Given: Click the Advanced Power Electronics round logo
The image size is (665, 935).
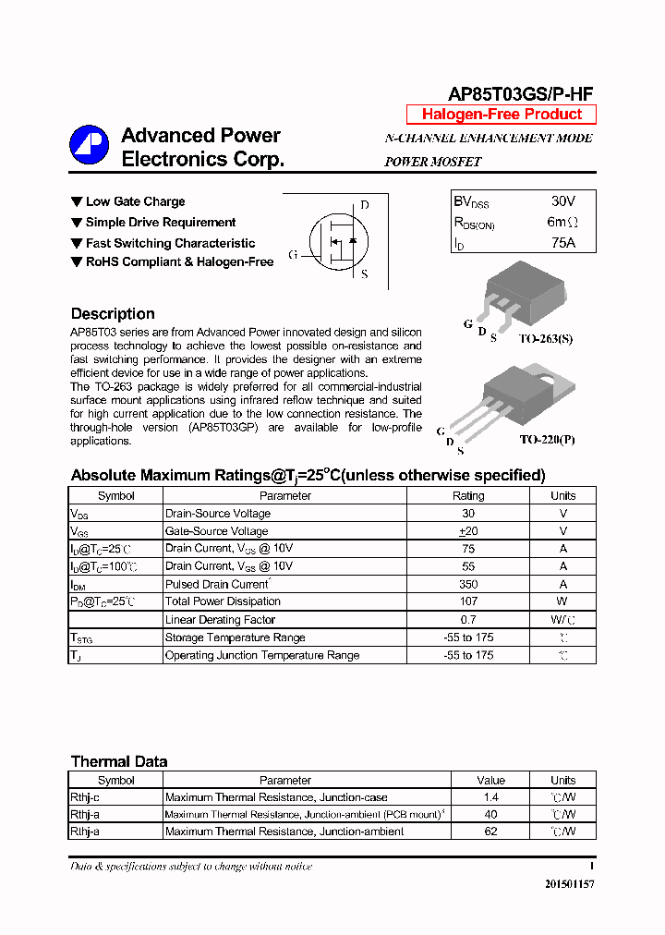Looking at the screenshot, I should [x=90, y=144].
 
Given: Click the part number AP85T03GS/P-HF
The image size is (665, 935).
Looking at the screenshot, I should [x=520, y=93].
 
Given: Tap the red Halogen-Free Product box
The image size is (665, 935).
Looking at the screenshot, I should [x=502, y=115].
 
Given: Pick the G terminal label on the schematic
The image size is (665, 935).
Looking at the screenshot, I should [x=293, y=255].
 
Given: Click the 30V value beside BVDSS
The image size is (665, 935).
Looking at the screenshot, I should [x=562, y=200].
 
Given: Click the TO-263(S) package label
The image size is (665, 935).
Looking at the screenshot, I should [x=545, y=339].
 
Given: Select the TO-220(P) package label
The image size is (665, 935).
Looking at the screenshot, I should [x=547, y=440].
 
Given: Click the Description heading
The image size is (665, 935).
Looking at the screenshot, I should [x=113, y=314].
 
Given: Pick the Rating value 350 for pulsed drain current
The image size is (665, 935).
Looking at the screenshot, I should [x=468, y=584].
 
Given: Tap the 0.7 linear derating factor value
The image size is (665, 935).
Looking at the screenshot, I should [x=468, y=620].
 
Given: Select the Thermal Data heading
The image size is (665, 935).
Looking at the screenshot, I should [x=119, y=762].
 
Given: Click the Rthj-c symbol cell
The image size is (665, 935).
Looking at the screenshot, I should [x=85, y=797].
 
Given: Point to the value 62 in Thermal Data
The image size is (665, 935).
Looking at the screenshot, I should [x=490, y=832].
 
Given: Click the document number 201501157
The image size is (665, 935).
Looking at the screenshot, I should [x=569, y=884].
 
